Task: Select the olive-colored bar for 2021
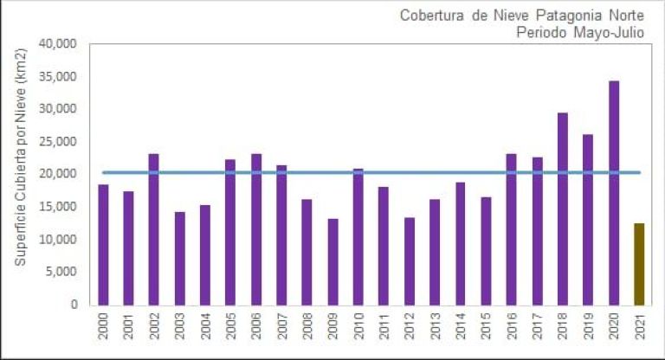tap(639, 264)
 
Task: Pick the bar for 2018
tap(562, 209)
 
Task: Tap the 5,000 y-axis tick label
tap(63, 273)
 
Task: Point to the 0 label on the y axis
tap(74, 305)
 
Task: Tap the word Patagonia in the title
tap(547, 16)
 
